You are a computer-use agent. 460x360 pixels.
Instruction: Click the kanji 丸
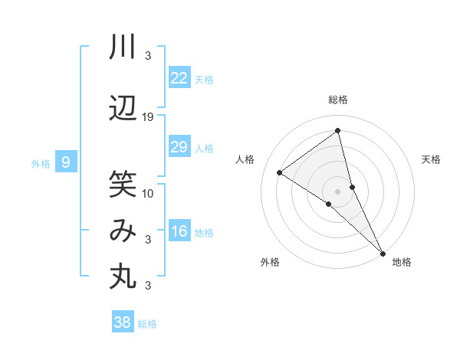[x=123, y=277]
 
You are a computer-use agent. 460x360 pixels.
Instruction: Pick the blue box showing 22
[x=179, y=78]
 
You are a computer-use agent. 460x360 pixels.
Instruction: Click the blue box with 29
[x=179, y=147]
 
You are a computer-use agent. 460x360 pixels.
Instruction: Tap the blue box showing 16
[x=179, y=231]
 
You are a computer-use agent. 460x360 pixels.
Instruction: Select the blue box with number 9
[x=66, y=162]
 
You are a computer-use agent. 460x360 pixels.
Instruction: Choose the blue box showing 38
[x=122, y=322]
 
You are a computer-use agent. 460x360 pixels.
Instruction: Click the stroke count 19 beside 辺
[x=148, y=117]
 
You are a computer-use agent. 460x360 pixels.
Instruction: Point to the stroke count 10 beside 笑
[x=148, y=192]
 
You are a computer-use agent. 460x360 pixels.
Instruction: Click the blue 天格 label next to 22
[x=204, y=80]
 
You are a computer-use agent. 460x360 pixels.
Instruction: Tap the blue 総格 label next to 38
[x=147, y=324]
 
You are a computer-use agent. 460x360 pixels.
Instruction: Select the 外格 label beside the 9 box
[x=41, y=163]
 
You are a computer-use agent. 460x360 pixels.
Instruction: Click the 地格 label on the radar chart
[x=402, y=262]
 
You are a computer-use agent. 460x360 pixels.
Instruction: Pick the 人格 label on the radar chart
[x=245, y=159]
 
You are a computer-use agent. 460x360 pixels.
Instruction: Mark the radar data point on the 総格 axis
[x=337, y=131]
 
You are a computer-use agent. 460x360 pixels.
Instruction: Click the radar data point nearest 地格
[x=382, y=252]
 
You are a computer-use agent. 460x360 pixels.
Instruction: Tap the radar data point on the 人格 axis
[x=279, y=173]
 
